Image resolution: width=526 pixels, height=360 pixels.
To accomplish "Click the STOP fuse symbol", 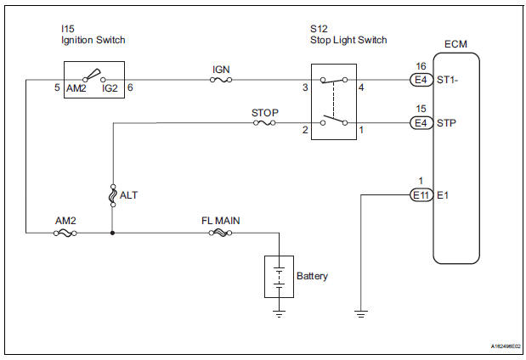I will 264,124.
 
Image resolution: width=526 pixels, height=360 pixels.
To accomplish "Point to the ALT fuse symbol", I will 112,195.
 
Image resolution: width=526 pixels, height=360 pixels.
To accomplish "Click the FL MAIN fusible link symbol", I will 219,231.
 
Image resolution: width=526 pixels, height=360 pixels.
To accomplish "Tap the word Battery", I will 312,276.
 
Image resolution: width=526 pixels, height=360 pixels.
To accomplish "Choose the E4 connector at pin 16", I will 420,81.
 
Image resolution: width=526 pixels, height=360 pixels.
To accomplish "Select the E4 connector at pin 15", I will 420,124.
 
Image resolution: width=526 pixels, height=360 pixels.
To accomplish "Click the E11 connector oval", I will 420,195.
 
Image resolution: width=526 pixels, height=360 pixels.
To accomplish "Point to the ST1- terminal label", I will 449,81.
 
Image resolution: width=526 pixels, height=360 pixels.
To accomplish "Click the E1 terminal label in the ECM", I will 443,195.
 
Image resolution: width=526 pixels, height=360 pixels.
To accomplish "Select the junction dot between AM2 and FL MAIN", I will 112,231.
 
